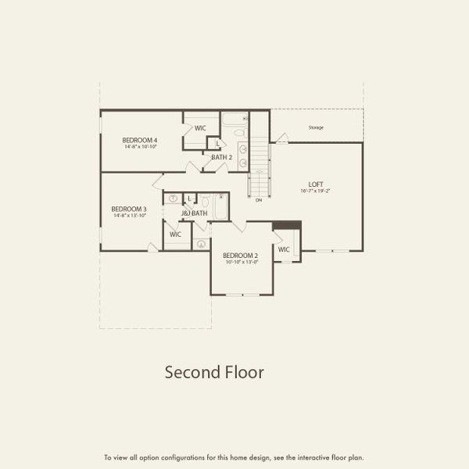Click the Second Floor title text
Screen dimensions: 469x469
pos(213,372)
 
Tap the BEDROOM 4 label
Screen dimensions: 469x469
pos(140,140)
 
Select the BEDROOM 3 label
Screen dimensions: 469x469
pos(129,209)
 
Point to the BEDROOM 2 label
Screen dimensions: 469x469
pos(240,256)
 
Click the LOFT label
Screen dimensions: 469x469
pos(313,184)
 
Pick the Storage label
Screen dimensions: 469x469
pos(316,127)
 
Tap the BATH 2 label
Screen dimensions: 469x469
pos(222,157)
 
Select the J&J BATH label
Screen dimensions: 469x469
pos(194,213)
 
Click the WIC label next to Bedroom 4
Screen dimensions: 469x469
pos(200,127)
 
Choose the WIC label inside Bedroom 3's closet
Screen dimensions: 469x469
pos(175,234)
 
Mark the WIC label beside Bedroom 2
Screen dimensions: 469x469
pos(284,249)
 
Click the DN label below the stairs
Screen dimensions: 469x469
pos(259,200)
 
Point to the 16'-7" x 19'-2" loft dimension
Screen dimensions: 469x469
pos(313,191)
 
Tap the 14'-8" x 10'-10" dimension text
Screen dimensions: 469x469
pos(140,146)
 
